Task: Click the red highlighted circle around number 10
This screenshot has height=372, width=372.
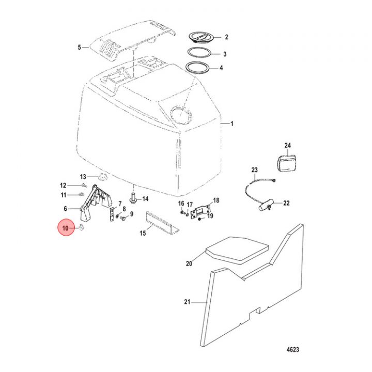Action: click(66, 227)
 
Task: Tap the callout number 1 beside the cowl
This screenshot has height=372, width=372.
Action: click(231, 124)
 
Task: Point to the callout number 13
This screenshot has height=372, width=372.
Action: click(83, 177)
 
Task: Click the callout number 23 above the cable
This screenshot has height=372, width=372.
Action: click(254, 169)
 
